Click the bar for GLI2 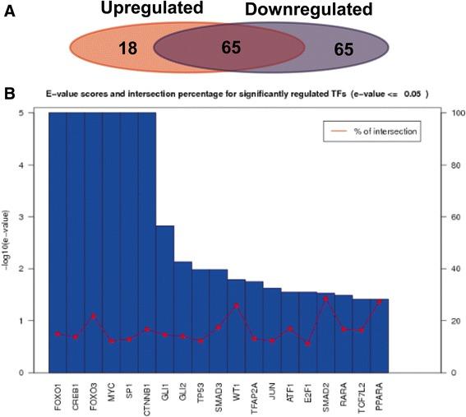[182, 317]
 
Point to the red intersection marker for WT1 [236, 305]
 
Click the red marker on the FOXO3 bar [94, 316]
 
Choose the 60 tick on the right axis [448, 217]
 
